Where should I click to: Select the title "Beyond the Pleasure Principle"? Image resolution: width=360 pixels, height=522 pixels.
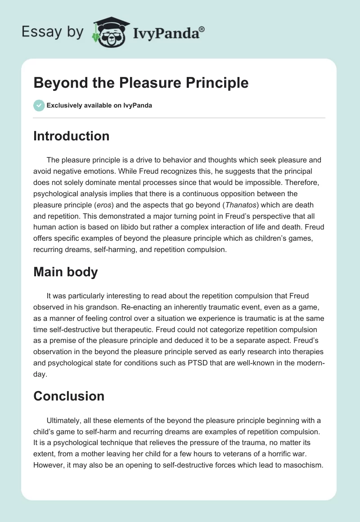pos(141,83)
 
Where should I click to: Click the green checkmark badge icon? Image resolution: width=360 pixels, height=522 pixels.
pos(39,105)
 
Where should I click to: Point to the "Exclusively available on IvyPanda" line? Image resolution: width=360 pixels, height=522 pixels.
pos(99,106)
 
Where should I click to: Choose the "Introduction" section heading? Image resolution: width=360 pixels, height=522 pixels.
pos(71,136)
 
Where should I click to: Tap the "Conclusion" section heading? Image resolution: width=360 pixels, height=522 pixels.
pos(68,396)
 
